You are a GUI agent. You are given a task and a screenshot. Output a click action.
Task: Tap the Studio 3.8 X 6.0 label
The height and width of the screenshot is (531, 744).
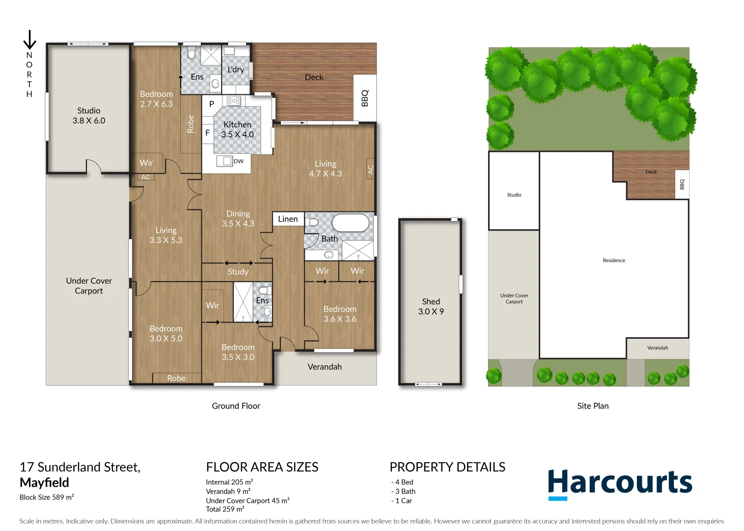89,116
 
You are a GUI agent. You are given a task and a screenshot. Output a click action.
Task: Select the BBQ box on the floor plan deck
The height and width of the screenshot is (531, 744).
365,98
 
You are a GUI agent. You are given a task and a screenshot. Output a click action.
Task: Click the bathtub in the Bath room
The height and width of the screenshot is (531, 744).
350,223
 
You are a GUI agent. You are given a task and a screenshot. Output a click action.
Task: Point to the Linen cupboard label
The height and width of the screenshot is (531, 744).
288,219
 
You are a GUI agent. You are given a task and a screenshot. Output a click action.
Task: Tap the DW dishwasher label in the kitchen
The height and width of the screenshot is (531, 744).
239,161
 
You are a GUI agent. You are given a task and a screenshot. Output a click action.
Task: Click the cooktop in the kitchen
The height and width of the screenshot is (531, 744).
233,101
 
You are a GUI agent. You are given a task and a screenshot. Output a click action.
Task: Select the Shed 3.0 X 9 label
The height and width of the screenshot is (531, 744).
431,306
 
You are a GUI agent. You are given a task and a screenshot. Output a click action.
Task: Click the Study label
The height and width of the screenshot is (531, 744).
238,271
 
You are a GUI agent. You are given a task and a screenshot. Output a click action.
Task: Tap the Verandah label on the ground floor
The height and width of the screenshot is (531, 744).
325,367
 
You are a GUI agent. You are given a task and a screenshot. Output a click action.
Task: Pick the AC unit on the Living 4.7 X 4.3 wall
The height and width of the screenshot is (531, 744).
370,169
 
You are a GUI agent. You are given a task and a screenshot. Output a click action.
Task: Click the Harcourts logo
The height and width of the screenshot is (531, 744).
620,484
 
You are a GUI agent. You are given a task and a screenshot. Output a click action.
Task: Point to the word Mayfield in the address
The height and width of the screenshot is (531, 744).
44,482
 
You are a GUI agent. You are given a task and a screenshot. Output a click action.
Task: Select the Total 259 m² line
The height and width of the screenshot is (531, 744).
225,509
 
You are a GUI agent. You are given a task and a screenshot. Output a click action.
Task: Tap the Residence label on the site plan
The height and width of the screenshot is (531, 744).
614,261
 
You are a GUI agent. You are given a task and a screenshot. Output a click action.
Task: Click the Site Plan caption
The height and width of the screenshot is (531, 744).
593,406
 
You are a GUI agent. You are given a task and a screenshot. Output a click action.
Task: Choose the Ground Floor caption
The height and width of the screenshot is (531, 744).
236,406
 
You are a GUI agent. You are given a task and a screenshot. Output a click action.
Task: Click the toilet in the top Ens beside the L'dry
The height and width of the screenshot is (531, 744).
192,52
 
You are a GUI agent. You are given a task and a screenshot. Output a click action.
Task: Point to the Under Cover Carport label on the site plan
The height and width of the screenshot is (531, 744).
514,298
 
